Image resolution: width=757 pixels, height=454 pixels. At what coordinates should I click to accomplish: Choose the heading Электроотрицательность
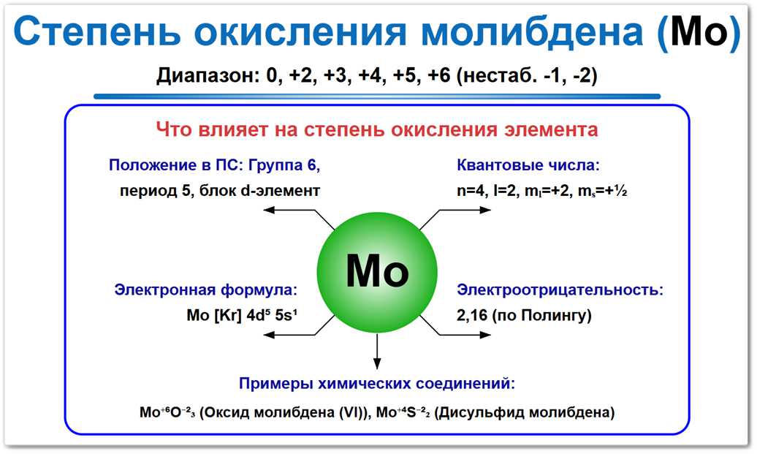pyautogui.click(x=560, y=290)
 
